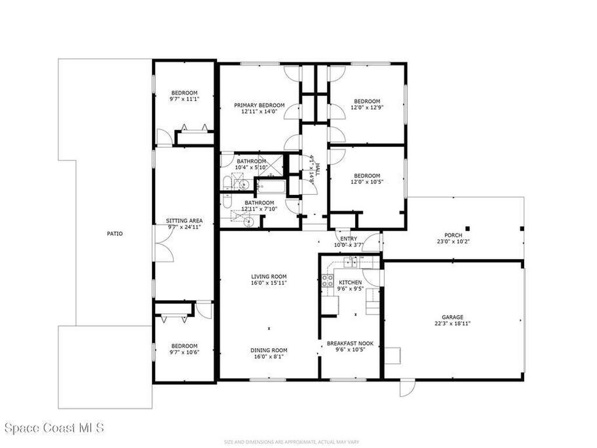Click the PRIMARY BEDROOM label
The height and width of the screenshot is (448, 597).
coord(259,105)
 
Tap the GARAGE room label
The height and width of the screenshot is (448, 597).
coord(452,317)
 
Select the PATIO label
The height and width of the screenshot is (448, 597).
coord(114,233)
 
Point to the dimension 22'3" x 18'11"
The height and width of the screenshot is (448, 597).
coord(452,324)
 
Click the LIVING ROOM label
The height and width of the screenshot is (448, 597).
coord(269,276)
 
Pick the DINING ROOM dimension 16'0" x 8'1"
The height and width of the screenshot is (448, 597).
coord(269,356)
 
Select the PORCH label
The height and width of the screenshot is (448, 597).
coord(453,235)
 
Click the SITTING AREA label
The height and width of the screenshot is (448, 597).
coord(184,220)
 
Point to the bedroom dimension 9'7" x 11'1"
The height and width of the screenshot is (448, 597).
coord(184,99)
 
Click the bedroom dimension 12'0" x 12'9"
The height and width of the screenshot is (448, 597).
coord(367,107)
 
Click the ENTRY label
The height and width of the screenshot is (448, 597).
coord(349,238)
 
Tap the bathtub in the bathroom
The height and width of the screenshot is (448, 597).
coord(271,188)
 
